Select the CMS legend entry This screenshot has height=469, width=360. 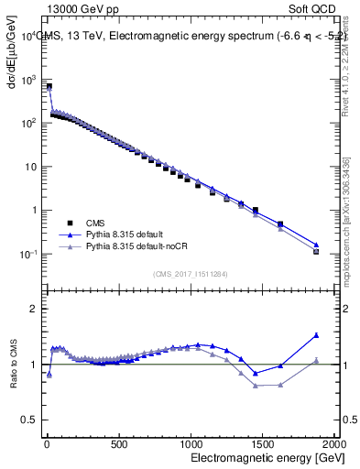95,223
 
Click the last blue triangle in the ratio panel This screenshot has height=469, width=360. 316,335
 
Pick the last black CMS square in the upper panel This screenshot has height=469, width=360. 316,251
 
